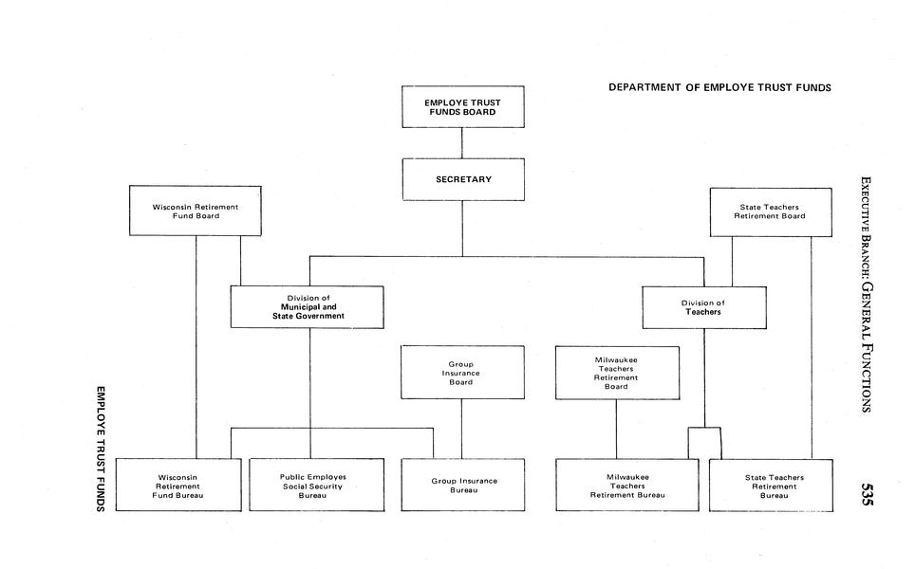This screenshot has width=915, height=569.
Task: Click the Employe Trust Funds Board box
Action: pyautogui.click(x=462, y=106)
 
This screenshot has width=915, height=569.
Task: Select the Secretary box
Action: pyautogui.click(x=462, y=179)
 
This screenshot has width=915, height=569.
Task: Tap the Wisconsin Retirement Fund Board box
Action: pyautogui.click(x=196, y=211)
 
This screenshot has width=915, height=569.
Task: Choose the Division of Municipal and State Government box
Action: pyautogui.click(x=307, y=306)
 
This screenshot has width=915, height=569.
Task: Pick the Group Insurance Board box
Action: pyautogui.click(x=461, y=373)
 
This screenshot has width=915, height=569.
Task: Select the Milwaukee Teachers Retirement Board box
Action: pyautogui.click(x=617, y=373)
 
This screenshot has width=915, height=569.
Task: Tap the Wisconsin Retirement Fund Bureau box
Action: pyautogui.click(x=179, y=485)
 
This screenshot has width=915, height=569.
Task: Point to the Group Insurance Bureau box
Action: pyautogui.click(x=463, y=485)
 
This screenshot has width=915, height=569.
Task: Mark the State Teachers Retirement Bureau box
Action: pyautogui.click(x=773, y=485)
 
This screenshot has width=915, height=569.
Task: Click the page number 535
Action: pyautogui.click(x=866, y=496)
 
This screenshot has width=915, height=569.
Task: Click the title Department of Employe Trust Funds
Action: pyautogui.click(x=719, y=87)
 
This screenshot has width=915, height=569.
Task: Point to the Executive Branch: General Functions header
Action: pyautogui.click(x=865, y=294)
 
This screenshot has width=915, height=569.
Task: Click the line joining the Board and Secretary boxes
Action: pyautogui.click(x=462, y=142)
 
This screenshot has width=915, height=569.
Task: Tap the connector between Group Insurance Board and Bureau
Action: pyautogui.click(x=462, y=429)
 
